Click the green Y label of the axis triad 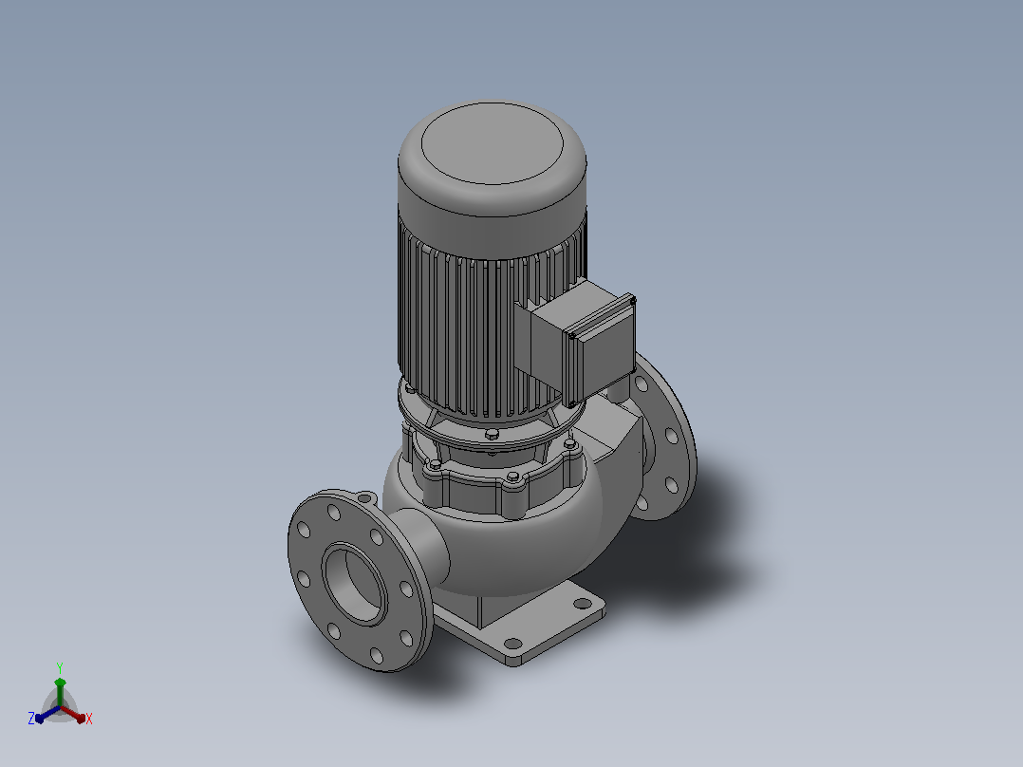tap(60, 667)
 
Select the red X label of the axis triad tap(89, 719)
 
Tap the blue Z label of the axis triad tap(30, 718)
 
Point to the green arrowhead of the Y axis tap(60, 683)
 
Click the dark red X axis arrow tap(73, 714)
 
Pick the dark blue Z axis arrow tap(47, 714)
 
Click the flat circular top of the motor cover tap(492, 143)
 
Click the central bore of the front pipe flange tap(353, 584)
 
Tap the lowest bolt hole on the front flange tap(377, 655)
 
